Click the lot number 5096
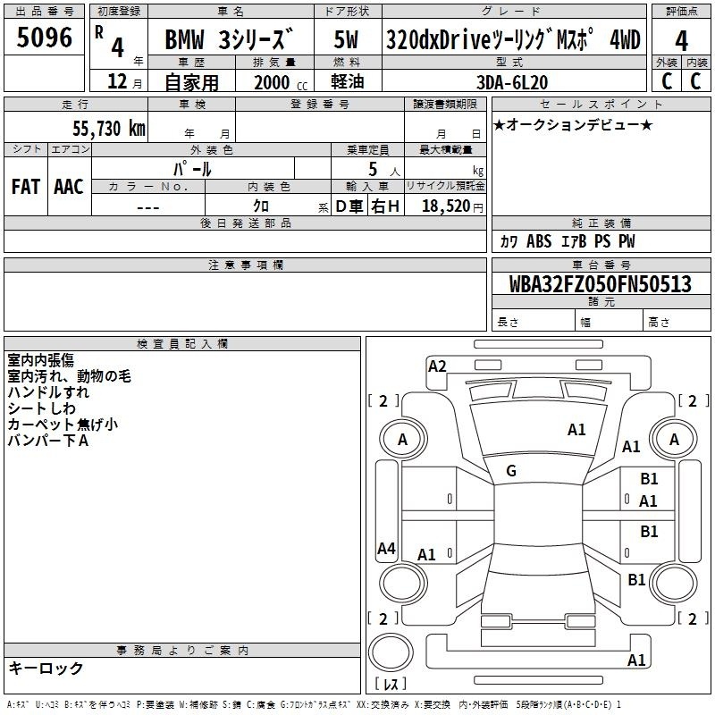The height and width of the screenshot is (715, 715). [x=44, y=38]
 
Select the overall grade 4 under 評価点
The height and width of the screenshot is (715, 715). [x=681, y=40]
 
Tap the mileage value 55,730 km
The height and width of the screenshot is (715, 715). [x=109, y=128]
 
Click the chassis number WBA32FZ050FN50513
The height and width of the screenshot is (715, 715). [x=600, y=283]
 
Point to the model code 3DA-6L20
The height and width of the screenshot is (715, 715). [x=512, y=82]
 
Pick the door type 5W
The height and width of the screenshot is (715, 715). [x=346, y=39]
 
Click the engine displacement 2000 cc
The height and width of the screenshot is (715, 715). [x=281, y=82]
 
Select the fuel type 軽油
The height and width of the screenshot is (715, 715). [x=348, y=81]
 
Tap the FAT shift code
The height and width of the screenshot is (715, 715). [x=26, y=187]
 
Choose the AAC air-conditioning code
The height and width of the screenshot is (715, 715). [x=69, y=187]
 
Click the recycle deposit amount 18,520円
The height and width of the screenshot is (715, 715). [x=452, y=206]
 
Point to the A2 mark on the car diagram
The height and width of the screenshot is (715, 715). [x=437, y=366]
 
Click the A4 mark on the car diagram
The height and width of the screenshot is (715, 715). [x=386, y=548]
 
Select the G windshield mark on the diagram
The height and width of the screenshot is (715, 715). [x=511, y=471]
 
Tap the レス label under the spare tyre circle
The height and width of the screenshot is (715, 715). [x=391, y=683]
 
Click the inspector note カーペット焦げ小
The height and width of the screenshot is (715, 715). [x=63, y=425]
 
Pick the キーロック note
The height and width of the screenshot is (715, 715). [x=46, y=668]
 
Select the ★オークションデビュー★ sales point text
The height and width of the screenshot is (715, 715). [x=573, y=124]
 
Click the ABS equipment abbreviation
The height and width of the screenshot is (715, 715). [x=539, y=241]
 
